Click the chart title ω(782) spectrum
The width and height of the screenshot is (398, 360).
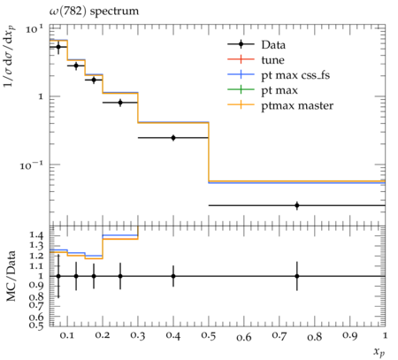tap(94, 11)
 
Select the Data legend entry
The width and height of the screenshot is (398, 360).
tap(273, 45)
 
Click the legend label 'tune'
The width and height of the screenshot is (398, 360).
tap(272, 60)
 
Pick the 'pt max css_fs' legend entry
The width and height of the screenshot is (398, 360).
tap(295, 75)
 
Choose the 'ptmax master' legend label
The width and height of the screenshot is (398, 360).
tap(297, 105)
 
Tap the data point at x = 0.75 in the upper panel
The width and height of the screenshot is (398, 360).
tap(297, 205)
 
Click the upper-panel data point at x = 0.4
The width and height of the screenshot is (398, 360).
tap(173, 138)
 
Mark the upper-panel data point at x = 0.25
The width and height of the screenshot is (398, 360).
tap(120, 103)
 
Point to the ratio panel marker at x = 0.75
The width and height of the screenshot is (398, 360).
tap(297, 276)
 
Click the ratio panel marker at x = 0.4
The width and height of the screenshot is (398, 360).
tap(173, 276)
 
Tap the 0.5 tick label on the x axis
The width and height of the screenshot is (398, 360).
tap(209, 335)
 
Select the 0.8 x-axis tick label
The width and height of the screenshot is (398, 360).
tap(314, 336)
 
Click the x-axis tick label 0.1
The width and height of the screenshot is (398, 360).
tap(67, 335)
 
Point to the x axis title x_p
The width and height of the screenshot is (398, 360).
tap(379, 351)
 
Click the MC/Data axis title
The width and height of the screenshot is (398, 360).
tap(11, 276)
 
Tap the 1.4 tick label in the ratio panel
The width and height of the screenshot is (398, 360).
tap(36, 235)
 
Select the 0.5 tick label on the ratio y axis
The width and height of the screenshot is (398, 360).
tap(36, 325)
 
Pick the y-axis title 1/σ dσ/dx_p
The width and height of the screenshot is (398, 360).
tap(10, 57)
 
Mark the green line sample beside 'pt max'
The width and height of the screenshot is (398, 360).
tap(241, 89)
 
